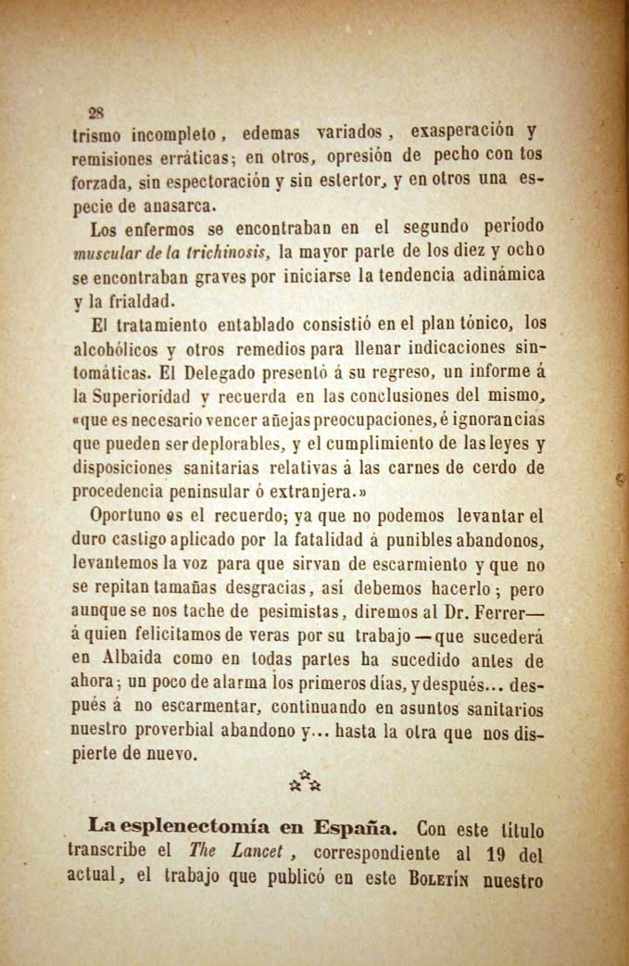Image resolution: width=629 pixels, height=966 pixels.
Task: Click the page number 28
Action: pyautogui.click(x=94, y=114)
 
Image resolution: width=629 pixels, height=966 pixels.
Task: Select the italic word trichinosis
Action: pyautogui.click(x=232, y=252)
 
